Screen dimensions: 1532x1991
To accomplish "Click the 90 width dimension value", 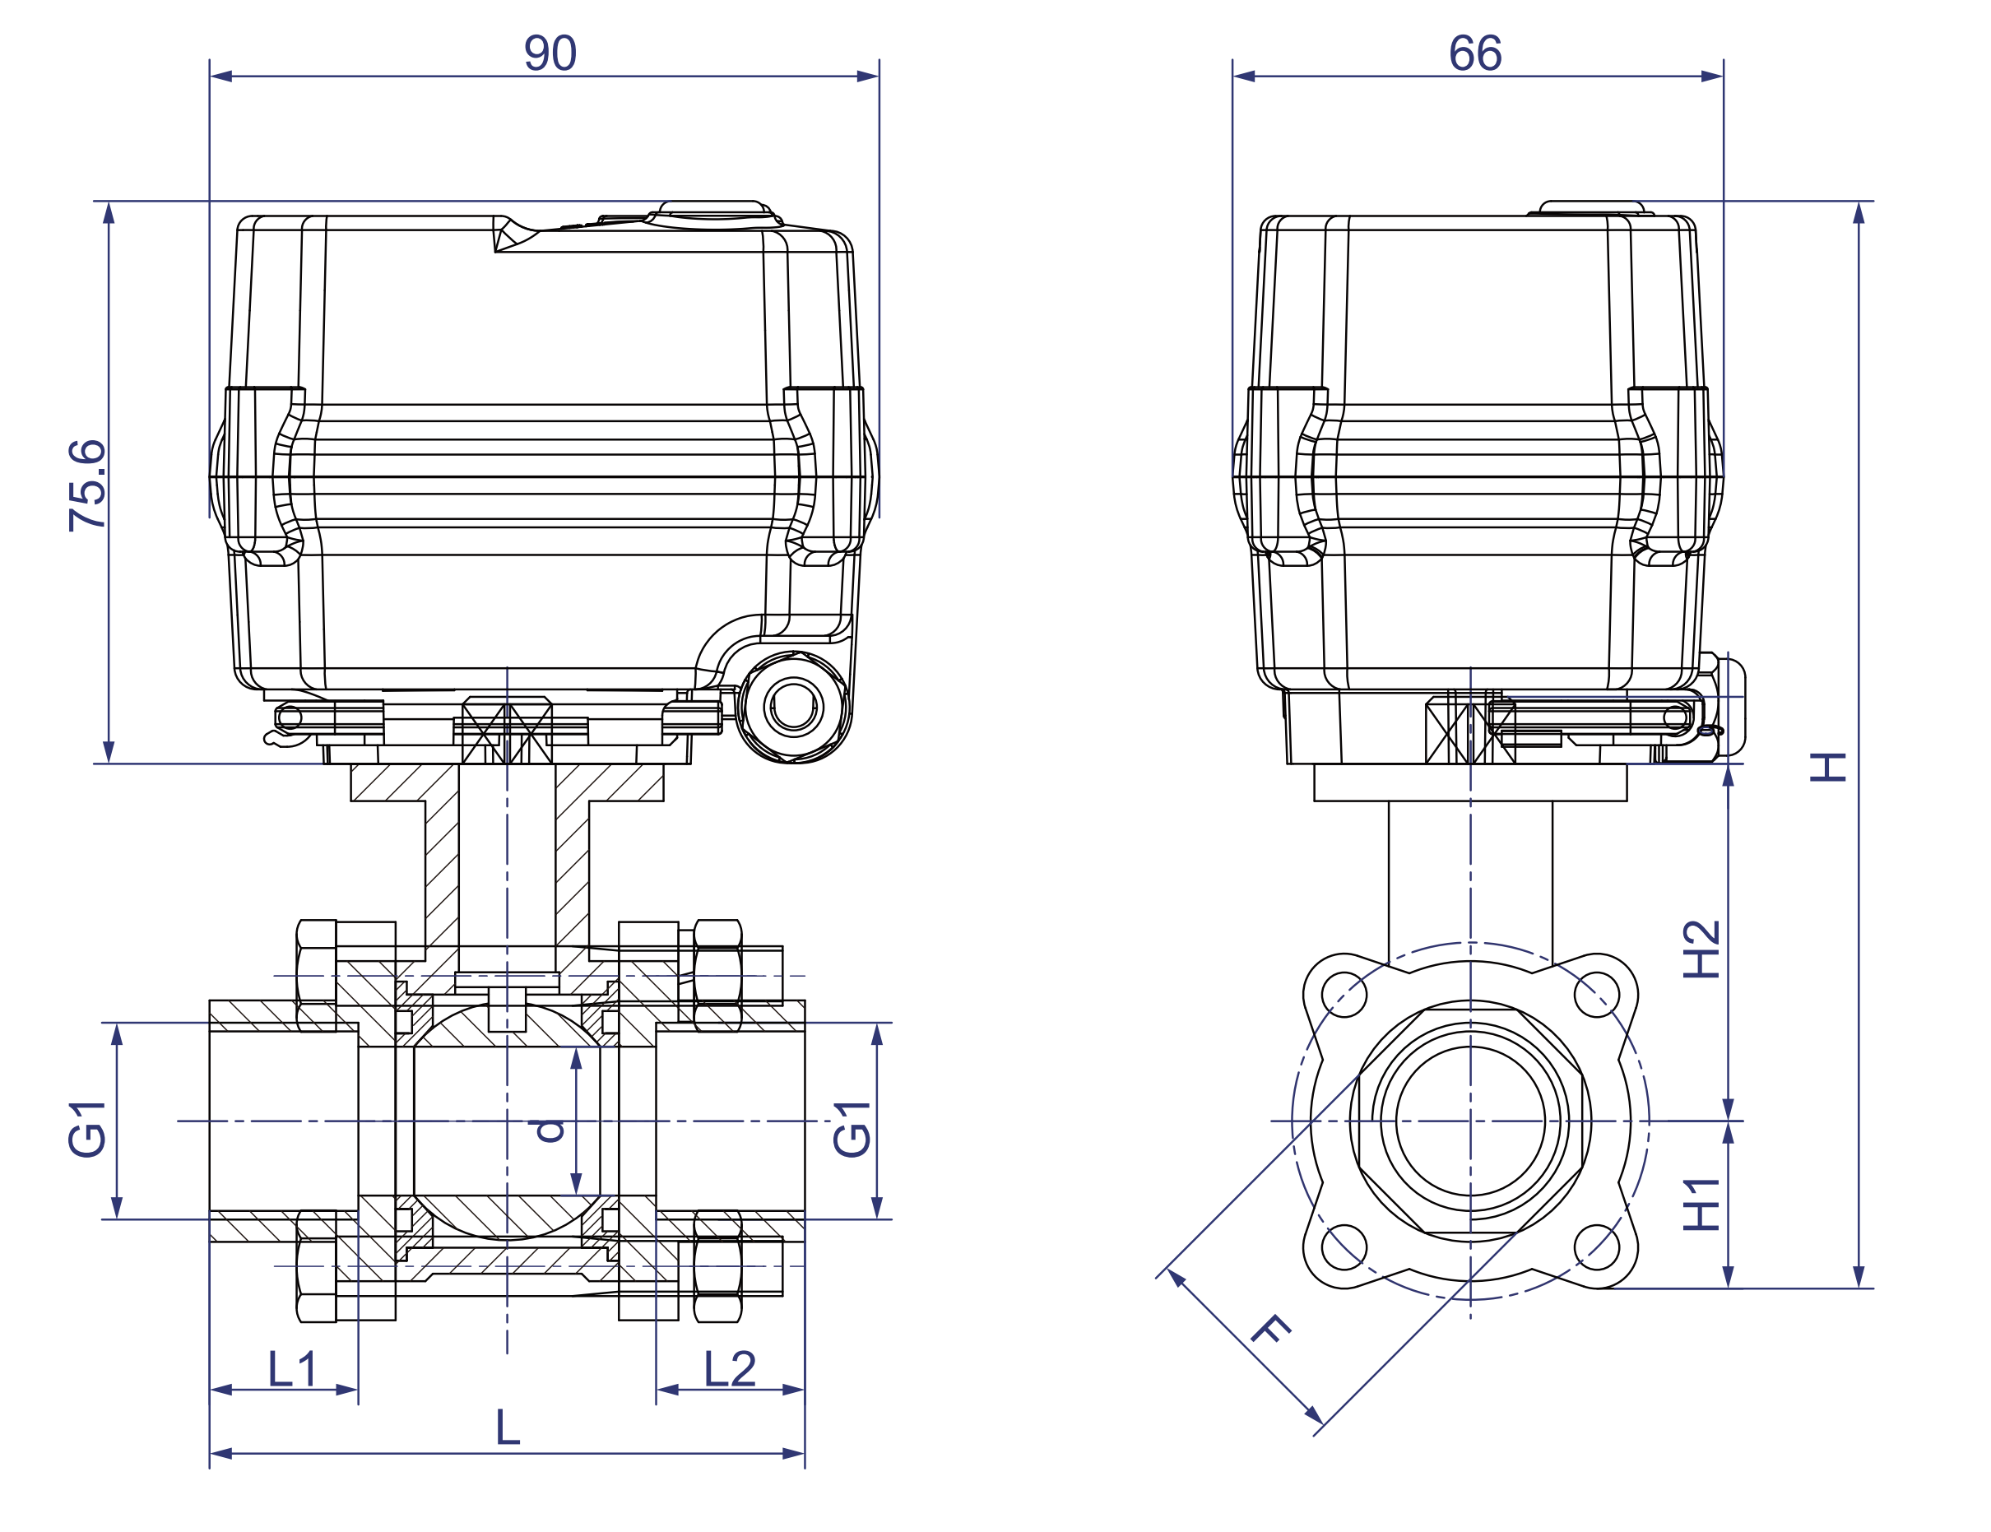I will [x=550, y=53].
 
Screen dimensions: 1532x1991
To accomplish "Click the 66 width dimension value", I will [x=1474, y=53].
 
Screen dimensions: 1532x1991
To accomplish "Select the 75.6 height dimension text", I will [x=87, y=485].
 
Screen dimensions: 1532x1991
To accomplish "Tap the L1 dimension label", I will [x=293, y=1369].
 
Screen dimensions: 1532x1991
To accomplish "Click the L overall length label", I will [x=507, y=1428].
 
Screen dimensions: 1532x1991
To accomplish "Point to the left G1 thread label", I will [x=87, y=1129].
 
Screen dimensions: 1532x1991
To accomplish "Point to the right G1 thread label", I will [x=852, y=1129].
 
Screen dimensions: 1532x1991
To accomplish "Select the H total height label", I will [x=1828, y=767].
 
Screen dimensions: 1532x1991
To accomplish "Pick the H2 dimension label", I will [x=1701, y=949].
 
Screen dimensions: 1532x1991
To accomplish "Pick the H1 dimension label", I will [x=1701, y=1204].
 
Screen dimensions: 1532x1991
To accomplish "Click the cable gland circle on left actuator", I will [x=793, y=707].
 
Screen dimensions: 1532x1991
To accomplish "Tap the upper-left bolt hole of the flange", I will [x=1344, y=995].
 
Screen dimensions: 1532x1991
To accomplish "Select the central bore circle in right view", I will [x=1469, y=1121].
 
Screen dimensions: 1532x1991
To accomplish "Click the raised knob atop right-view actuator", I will [x=1592, y=208].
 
